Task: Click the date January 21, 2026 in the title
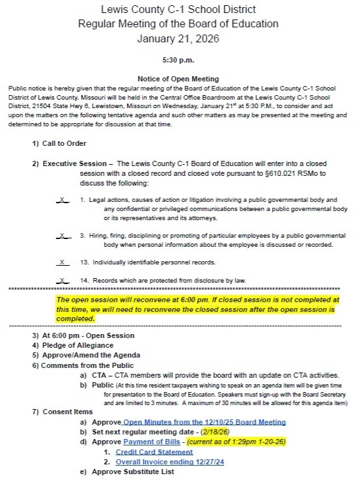(x=179, y=38)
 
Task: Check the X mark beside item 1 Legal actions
(x=62, y=199)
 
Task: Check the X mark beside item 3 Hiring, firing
(x=62, y=235)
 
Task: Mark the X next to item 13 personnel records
(x=62, y=262)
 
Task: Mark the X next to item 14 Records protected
(x=62, y=281)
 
